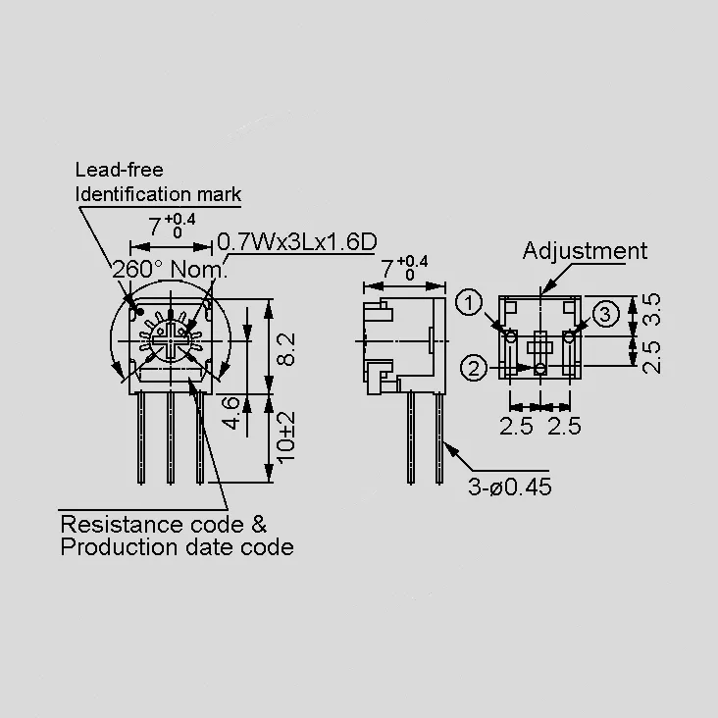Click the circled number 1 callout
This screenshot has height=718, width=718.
[x=469, y=303]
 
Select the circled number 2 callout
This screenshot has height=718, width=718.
[x=474, y=368]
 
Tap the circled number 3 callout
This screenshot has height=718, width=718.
[x=605, y=314]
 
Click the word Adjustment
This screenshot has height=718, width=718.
[x=585, y=251]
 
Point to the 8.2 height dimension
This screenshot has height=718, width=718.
[x=286, y=349]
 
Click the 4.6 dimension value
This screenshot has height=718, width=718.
[x=231, y=413]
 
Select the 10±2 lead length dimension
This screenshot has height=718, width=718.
[x=286, y=437]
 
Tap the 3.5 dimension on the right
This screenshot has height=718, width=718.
[x=651, y=309]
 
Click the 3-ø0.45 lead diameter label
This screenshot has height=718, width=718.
[x=510, y=487]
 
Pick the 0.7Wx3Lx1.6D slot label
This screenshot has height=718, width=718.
[x=297, y=241]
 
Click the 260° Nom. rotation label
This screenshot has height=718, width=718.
[x=170, y=269]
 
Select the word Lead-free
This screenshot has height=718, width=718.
[x=119, y=170]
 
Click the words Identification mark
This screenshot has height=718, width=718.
[x=158, y=194]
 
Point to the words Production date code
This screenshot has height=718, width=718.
[x=178, y=547]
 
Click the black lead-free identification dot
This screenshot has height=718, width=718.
[x=140, y=312]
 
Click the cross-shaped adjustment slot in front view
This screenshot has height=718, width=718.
[x=171, y=340]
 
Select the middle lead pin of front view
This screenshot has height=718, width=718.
[x=171, y=437]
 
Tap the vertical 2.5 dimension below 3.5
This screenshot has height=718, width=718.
[x=651, y=357]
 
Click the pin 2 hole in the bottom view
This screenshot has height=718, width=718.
[x=540, y=368]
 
